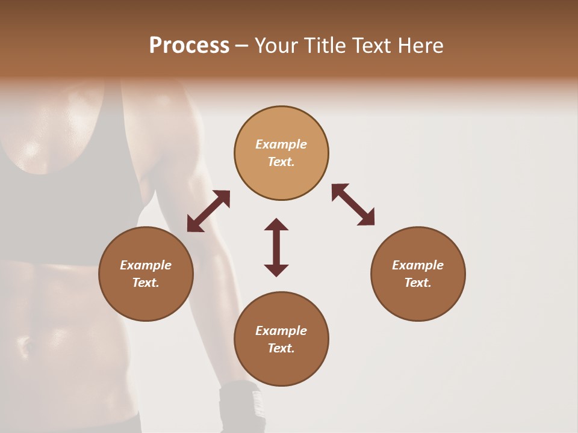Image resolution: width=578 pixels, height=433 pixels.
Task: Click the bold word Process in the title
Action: [189, 46]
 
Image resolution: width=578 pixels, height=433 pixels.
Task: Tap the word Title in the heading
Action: [325, 46]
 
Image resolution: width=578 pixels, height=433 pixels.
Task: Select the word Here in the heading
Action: [420, 46]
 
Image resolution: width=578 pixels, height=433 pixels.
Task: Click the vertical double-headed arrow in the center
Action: [276, 247]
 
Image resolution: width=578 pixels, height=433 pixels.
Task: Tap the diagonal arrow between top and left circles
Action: [208, 211]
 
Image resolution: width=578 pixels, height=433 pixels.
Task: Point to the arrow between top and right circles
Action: [353, 204]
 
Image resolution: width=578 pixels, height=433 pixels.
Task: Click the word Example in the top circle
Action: [281, 144]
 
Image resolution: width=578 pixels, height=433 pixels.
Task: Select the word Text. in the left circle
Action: [146, 283]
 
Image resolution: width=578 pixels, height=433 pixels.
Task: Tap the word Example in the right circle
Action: [418, 265]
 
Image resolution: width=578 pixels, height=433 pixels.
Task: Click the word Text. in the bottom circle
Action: [281, 348]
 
